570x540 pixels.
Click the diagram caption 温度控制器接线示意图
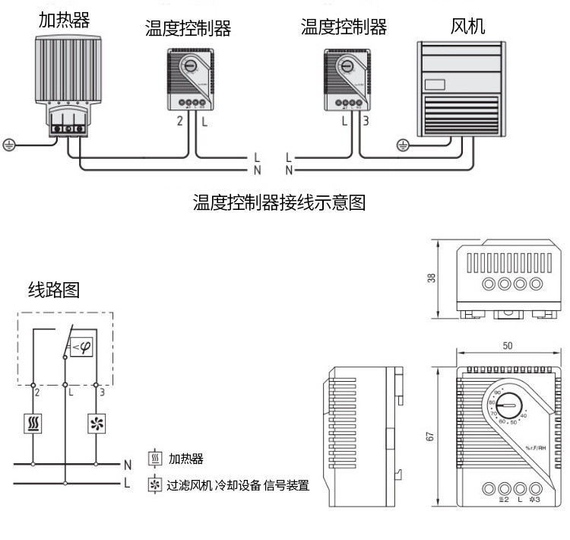tap(280, 202)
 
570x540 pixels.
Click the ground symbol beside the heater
tap(9, 145)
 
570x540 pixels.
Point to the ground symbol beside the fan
tap(404, 143)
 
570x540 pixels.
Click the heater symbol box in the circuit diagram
tap(33, 423)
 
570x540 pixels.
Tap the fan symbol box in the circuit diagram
tap(97, 423)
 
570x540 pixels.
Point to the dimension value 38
tap(431, 278)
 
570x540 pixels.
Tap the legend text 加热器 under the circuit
tap(186, 459)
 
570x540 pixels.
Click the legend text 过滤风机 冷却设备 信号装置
tap(238, 485)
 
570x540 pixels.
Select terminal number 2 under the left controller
tap(179, 121)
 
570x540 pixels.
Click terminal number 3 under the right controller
tap(365, 120)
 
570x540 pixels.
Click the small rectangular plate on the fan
tap(435, 86)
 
